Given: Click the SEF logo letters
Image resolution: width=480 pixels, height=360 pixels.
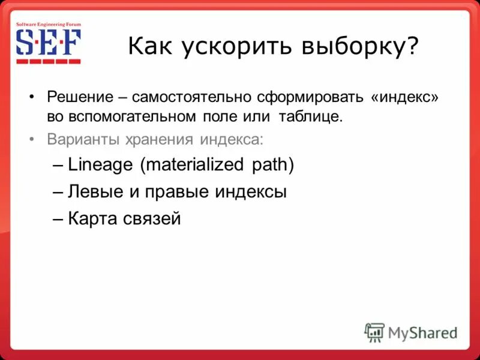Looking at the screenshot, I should (x=47, y=43).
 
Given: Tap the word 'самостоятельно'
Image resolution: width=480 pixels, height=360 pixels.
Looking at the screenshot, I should (x=192, y=97).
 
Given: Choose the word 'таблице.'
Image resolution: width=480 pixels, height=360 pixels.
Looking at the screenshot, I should (x=310, y=115).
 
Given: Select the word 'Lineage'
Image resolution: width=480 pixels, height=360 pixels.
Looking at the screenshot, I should (x=101, y=165).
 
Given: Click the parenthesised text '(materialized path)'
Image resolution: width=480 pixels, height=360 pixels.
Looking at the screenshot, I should (x=217, y=165).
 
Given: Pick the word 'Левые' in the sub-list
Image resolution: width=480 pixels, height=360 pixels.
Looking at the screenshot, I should (x=95, y=192).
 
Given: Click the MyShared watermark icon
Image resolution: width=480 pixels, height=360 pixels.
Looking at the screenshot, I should (x=374, y=332).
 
